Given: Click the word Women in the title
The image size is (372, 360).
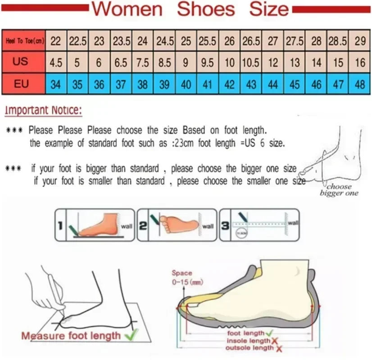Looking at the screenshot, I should pos(129,9).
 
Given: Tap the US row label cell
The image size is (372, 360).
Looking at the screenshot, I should pos(21,62).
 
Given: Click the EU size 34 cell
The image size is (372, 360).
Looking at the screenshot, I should pos(56,84).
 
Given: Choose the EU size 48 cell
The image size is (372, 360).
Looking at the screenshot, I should pos(360,84).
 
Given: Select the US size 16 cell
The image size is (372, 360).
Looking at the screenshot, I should pos(360,63).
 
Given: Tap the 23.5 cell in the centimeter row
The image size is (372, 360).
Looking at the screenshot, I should pos(121,41).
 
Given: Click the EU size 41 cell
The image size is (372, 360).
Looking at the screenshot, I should pos(207,84).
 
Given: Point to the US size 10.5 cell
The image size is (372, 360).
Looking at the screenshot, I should pos(251,63).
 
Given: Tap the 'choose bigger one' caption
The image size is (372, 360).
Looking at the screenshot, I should pos(339,190).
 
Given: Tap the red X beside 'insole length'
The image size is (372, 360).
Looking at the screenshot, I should pos(274,341).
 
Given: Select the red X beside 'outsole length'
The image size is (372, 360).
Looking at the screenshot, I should pos(279,348).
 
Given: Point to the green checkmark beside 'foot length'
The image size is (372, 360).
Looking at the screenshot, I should pos(269,333).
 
